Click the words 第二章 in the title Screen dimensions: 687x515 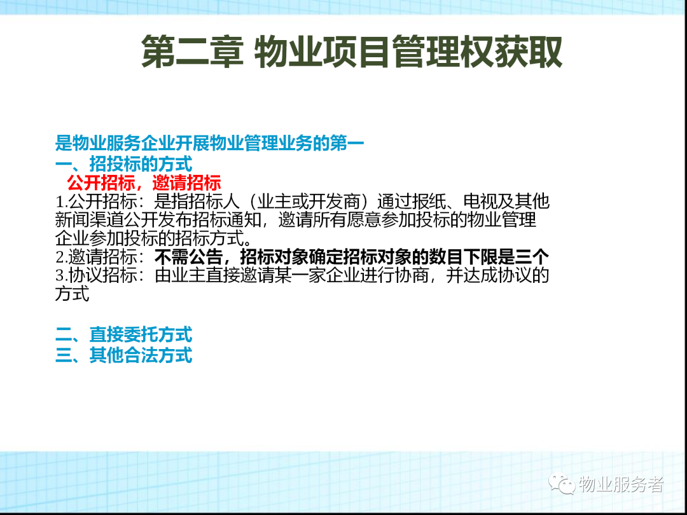click(192, 52)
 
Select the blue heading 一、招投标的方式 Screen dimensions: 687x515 click(124, 164)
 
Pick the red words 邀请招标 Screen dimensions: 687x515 click(187, 182)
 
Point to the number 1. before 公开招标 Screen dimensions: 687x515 click(61, 202)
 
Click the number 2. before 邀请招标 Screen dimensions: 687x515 click(61, 257)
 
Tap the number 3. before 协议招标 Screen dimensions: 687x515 click(61, 276)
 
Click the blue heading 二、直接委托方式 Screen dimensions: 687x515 click(124, 334)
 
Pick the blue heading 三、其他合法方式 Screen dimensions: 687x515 click(124, 355)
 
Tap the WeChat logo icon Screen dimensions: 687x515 click(562, 484)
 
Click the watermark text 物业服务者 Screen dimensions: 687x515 click(621, 484)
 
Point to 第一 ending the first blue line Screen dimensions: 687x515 click(347, 143)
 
